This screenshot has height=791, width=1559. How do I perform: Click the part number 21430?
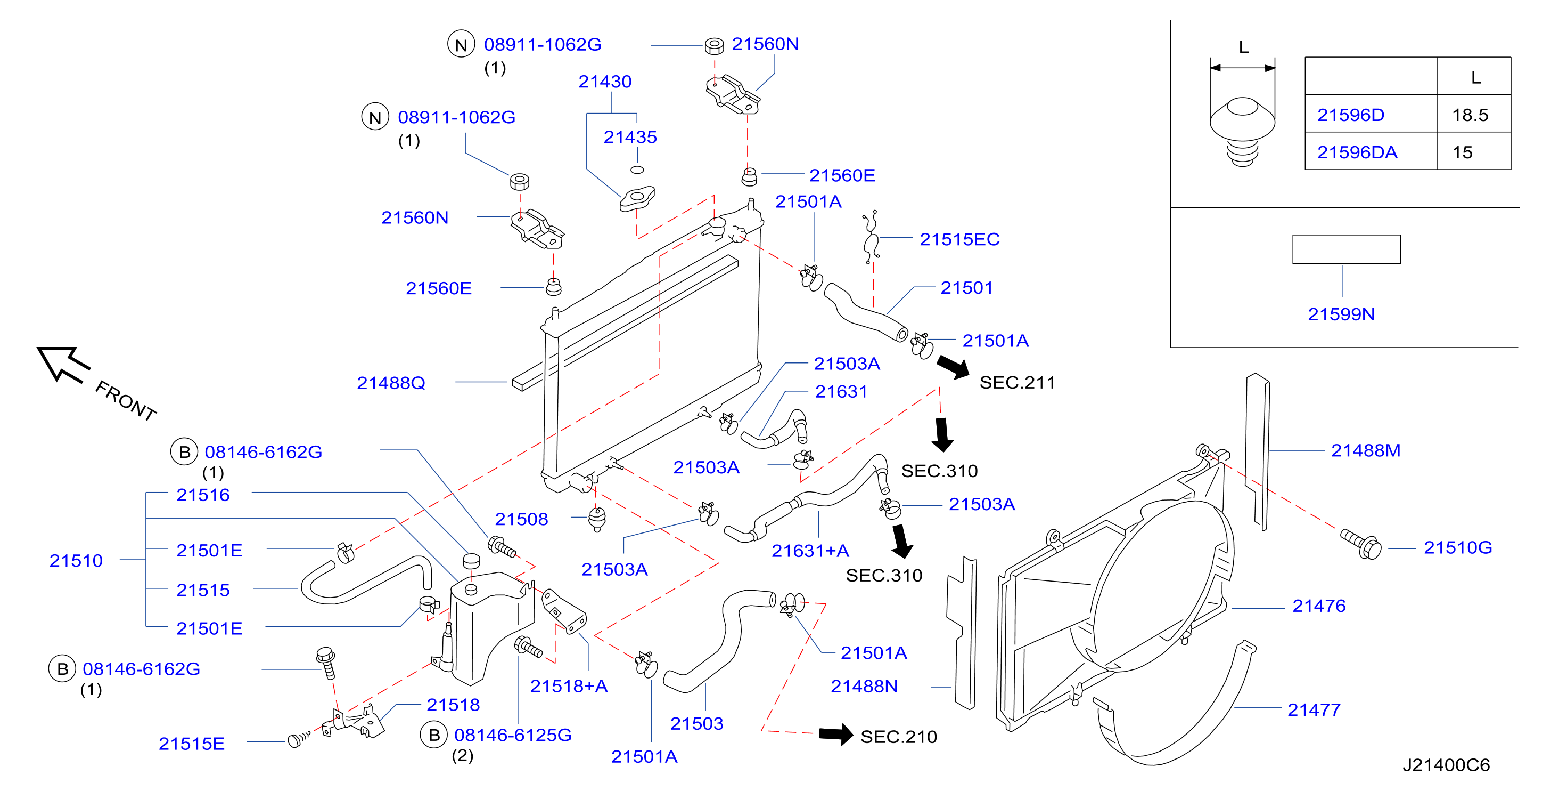click(x=605, y=81)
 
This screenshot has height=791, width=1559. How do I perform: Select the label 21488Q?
click(x=391, y=383)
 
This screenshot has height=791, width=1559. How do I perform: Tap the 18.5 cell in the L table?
click(x=1470, y=115)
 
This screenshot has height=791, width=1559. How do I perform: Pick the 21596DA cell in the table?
click(x=1357, y=152)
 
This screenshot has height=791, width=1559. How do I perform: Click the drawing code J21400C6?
click(x=1446, y=765)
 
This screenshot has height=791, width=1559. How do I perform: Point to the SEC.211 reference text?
click(x=1017, y=382)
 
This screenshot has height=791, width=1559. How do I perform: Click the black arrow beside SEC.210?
click(x=836, y=734)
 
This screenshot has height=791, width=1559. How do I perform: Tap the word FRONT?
click(x=126, y=400)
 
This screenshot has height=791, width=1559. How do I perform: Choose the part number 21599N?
click(x=1341, y=314)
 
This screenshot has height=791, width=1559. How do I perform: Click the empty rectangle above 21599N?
click(x=1346, y=249)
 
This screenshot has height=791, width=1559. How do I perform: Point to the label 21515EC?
click(x=959, y=239)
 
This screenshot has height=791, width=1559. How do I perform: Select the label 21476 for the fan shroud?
click(x=1319, y=606)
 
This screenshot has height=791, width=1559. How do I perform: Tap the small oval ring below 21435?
click(x=637, y=170)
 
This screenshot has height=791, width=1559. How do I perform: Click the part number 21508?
click(x=521, y=519)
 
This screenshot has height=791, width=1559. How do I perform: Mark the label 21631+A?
click(x=810, y=551)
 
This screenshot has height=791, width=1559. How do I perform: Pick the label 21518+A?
click(x=568, y=685)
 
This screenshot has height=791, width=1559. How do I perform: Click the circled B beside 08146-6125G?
click(x=434, y=735)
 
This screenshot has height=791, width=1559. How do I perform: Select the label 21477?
click(x=1314, y=710)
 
